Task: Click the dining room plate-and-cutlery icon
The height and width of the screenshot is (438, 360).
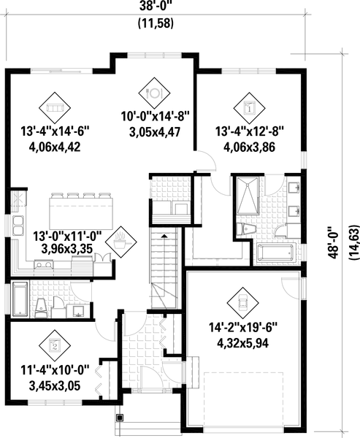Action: (x=154, y=93)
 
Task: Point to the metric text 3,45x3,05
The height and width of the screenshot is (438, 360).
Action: (x=54, y=386)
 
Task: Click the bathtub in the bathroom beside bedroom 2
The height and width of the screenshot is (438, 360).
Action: (x=19, y=299)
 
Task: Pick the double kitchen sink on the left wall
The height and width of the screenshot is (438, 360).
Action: (x=16, y=223)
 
